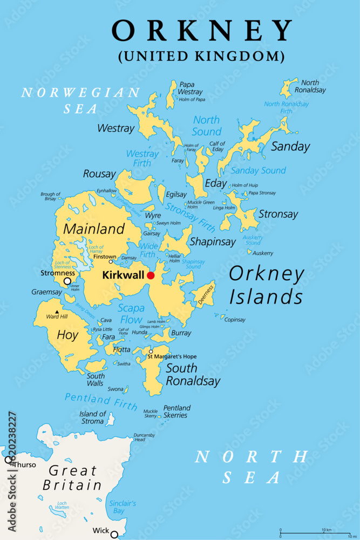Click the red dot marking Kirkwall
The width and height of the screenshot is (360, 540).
click(x=151, y=275)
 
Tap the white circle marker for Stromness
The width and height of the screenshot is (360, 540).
click(x=67, y=281)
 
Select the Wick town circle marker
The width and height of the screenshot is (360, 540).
click(x=114, y=535)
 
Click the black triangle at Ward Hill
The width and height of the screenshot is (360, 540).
click(x=56, y=312)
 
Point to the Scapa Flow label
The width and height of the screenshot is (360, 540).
click(x=131, y=314)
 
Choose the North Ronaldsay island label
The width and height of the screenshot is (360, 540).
click(x=313, y=86)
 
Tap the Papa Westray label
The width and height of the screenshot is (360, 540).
click(x=190, y=88)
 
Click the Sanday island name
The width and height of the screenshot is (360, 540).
click(x=290, y=146)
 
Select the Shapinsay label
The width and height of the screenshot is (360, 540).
click(x=213, y=241)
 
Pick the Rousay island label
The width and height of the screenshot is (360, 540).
click(x=99, y=174)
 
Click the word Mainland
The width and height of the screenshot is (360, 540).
click(x=94, y=229)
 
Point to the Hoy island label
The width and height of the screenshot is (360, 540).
click(x=67, y=335)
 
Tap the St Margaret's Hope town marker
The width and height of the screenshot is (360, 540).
click(x=151, y=352)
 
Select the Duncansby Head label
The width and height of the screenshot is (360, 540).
click(x=144, y=437)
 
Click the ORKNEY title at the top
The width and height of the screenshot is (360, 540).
click(x=202, y=31)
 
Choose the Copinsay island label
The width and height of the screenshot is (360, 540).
click(x=235, y=320)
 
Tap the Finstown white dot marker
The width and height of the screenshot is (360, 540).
click(x=111, y=262)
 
